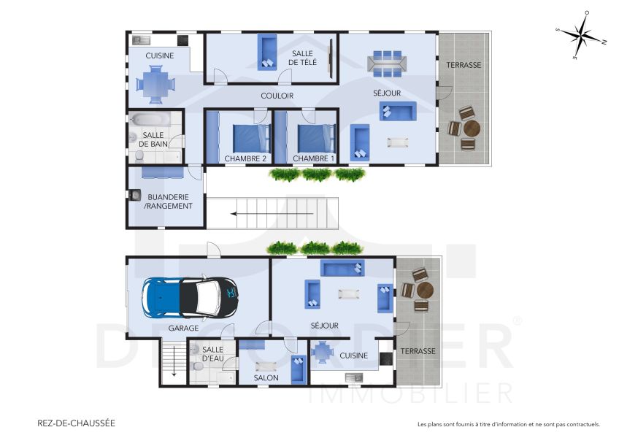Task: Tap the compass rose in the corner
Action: [581, 36]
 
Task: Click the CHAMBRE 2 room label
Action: [245, 158]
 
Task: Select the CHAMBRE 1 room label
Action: [313, 158]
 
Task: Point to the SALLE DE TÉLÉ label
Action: [303, 58]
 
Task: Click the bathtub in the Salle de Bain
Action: [150, 119]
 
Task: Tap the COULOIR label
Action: [277, 96]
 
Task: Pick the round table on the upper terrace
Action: [472, 129]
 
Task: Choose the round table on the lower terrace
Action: [424, 290]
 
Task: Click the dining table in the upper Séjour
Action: [387, 64]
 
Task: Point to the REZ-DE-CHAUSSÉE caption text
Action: [76, 423]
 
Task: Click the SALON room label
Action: [266, 377]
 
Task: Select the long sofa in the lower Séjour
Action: [342, 269]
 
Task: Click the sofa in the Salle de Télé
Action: [266, 53]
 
